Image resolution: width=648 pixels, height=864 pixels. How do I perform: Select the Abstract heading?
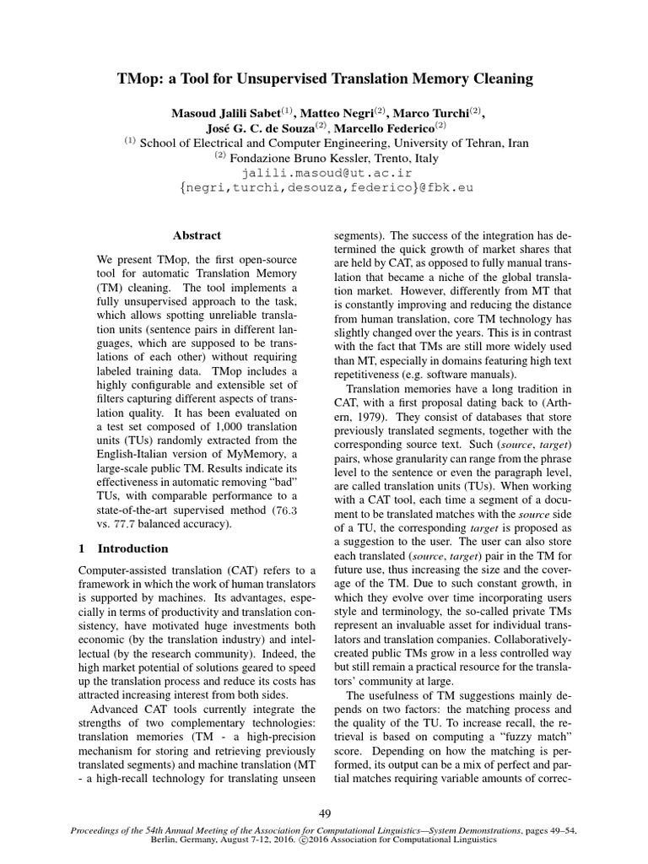click(x=196, y=235)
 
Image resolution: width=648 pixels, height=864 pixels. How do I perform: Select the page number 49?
click(x=324, y=813)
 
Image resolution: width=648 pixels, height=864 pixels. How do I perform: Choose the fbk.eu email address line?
click(x=324, y=187)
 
